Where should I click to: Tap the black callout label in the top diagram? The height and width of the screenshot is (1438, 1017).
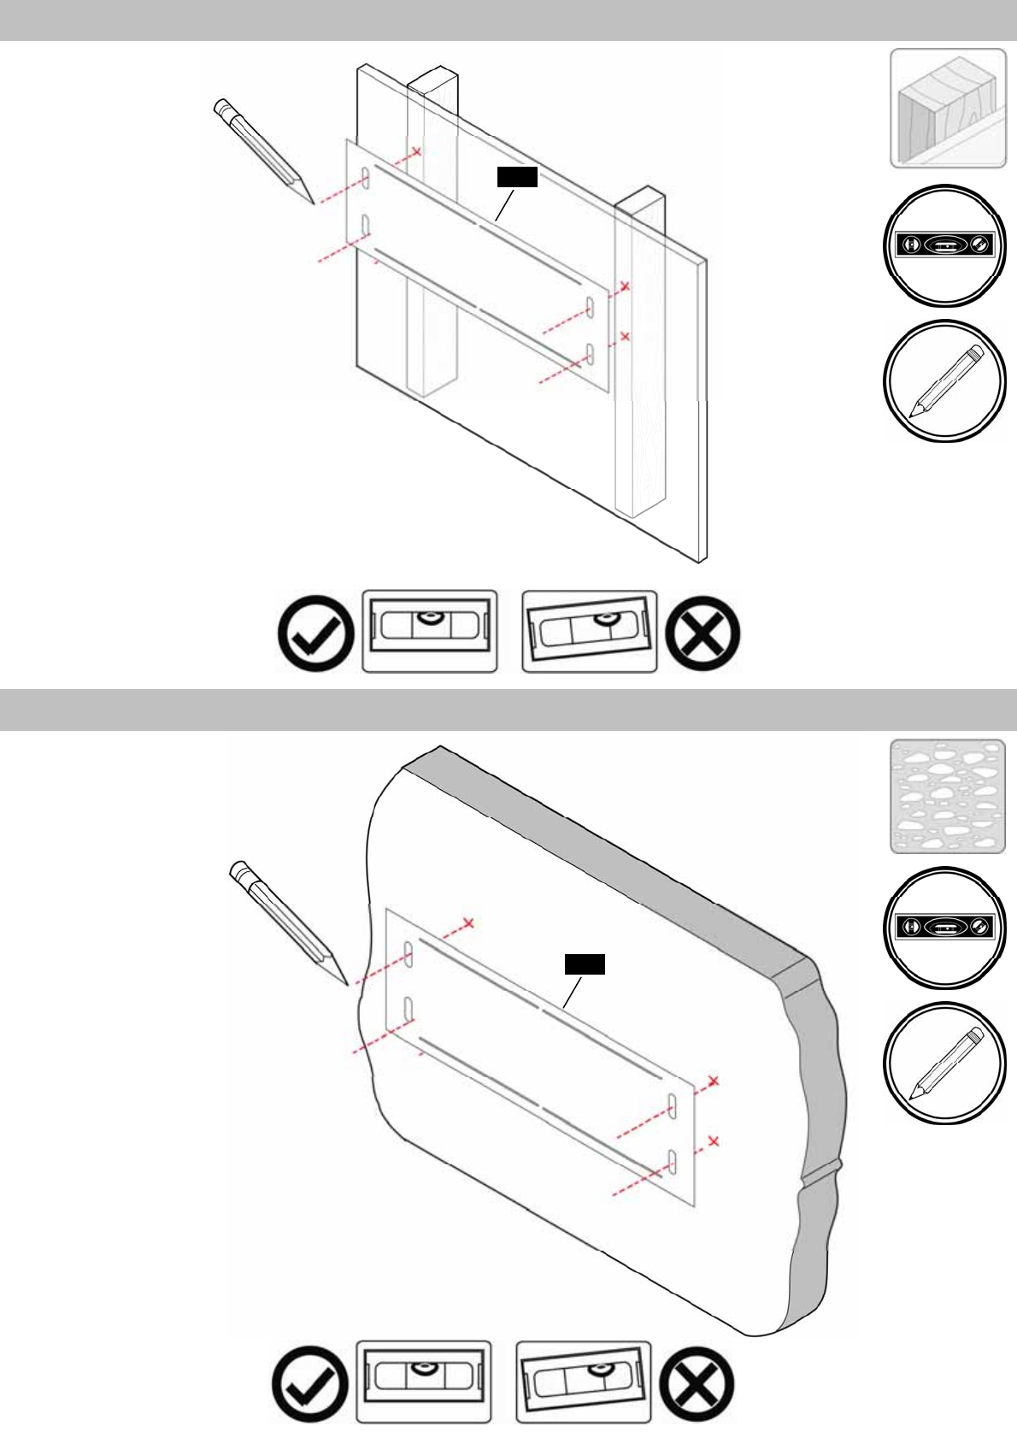click(517, 176)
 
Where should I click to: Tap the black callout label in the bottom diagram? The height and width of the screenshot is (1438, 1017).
click(585, 964)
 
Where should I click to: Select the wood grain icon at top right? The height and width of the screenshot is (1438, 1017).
click(948, 108)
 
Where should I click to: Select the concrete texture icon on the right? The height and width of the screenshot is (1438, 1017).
click(948, 796)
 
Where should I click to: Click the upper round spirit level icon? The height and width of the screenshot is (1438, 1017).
click(944, 245)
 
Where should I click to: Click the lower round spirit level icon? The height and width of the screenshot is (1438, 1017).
click(944, 927)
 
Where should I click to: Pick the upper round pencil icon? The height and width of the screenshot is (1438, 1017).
click(944, 381)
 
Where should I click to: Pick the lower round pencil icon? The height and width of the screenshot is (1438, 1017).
click(944, 1063)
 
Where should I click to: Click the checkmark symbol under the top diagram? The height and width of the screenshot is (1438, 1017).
click(316, 633)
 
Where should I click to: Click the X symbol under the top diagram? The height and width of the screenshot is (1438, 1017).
click(702, 634)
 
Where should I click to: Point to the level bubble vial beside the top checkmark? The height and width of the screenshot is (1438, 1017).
click(430, 631)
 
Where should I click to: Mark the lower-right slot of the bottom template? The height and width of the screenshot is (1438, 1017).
click(673, 1161)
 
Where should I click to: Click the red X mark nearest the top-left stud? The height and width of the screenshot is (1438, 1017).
click(417, 152)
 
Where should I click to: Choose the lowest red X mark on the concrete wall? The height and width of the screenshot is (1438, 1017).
click(714, 1140)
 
